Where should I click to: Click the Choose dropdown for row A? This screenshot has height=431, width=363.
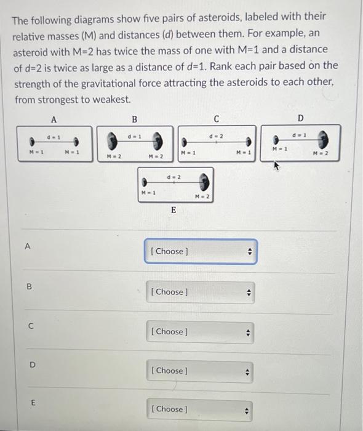tap(201, 251)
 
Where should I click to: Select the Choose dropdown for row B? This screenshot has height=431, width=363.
tap(201, 292)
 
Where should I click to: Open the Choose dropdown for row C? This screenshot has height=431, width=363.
tap(200, 332)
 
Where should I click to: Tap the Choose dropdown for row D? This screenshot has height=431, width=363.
tap(200, 372)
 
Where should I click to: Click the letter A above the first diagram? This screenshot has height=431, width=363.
tap(54, 119)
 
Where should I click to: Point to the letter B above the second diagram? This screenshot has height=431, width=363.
tap(134, 119)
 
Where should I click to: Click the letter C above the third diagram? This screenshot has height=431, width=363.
tap(217, 119)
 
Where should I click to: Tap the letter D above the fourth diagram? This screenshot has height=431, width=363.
tap(301, 118)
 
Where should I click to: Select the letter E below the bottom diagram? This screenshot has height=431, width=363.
tap(174, 211)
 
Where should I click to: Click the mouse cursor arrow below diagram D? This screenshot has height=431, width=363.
tap(276, 166)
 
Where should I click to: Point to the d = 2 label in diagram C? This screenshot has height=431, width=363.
tap(217, 136)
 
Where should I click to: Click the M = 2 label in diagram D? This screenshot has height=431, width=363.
tap(321, 153)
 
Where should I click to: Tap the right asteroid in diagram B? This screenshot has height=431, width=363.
tap(158, 140)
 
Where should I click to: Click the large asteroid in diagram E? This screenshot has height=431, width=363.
tap(204, 182)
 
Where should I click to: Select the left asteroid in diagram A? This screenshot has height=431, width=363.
tap(32, 142)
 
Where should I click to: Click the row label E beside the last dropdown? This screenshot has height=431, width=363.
tap(33, 403)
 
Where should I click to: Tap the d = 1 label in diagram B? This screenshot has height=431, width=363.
tap(135, 136)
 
